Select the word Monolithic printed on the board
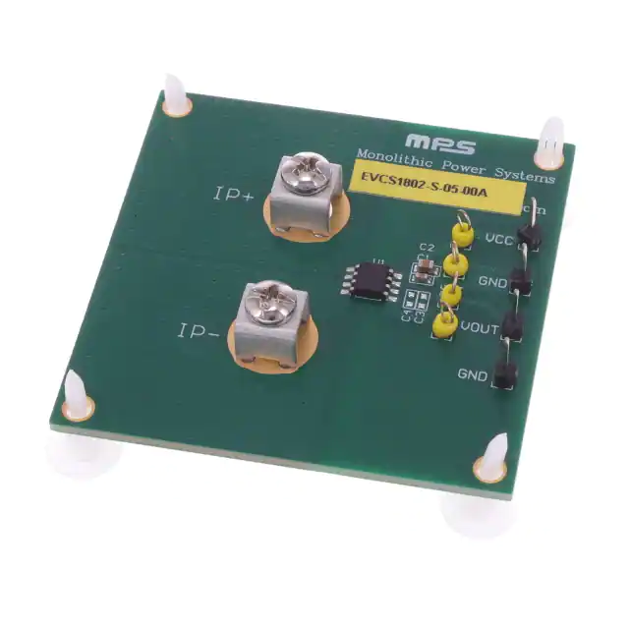point(390,158)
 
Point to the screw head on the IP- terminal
point(268,302)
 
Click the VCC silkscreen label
point(498,239)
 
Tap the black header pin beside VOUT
point(511,326)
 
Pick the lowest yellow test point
point(445,324)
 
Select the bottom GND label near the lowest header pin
point(472,374)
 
